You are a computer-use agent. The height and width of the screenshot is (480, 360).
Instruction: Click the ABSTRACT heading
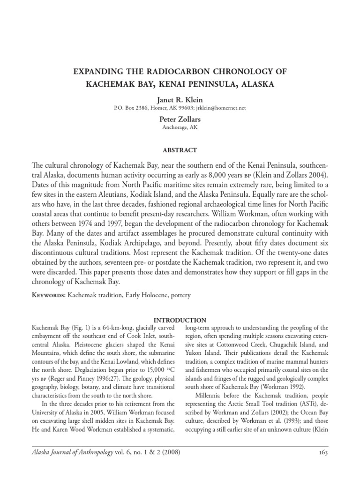180,150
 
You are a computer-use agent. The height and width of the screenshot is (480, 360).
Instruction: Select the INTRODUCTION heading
180,320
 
